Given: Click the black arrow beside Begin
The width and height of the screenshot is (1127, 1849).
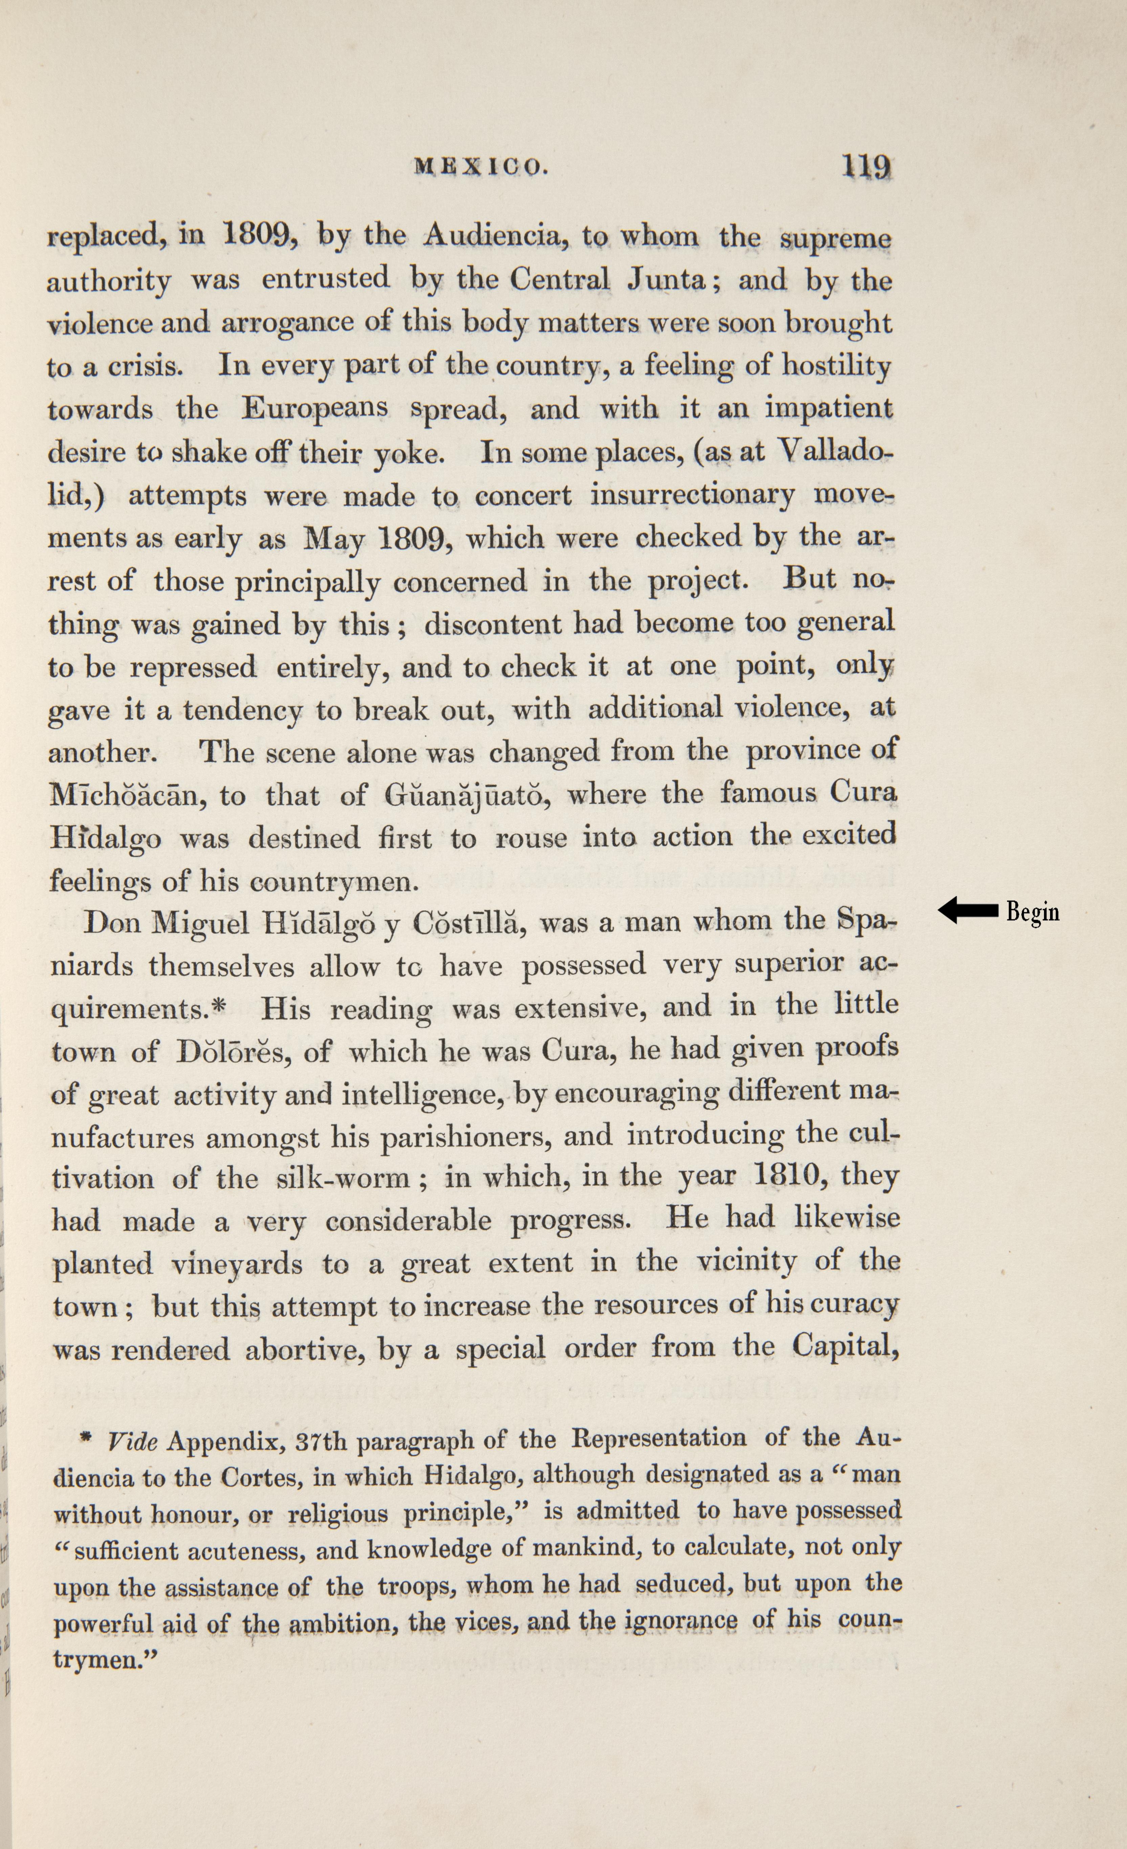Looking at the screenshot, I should point(968,911).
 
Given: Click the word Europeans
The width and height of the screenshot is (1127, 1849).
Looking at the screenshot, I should point(315,409).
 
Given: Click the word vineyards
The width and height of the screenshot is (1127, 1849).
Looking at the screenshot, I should point(237,1264).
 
